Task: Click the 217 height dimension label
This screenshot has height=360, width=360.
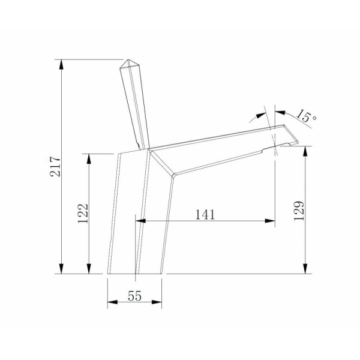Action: point(55,166)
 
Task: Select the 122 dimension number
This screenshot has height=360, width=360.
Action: point(83,213)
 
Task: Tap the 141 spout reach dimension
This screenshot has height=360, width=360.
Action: point(205,215)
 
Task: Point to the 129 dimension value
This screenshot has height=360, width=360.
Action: point(299,211)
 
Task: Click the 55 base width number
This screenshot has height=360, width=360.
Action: point(134,296)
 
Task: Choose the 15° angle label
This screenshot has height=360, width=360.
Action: point(306,116)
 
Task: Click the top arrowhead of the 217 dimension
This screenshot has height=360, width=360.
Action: point(61,64)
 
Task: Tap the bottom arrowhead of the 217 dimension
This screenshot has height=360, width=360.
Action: point(61,269)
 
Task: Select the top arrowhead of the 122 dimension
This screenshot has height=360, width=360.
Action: point(89,158)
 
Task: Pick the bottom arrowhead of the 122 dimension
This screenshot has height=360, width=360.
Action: point(89,269)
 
